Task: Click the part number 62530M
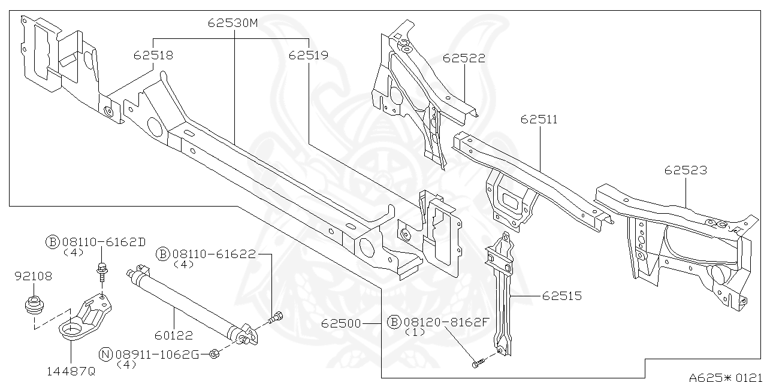click(x=232, y=24)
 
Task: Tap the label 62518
click(x=153, y=55)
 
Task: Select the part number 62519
click(x=308, y=55)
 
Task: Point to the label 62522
click(x=464, y=58)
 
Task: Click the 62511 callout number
click(x=539, y=119)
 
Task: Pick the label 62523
click(x=685, y=171)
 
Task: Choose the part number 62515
click(x=561, y=296)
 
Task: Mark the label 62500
click(x=340, y=323)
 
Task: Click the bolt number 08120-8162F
click(x=446, y=322)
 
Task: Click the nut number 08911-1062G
click(x=157, y=354)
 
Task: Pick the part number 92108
click(x=33, y=276)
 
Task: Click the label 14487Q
click(x=71, y=371)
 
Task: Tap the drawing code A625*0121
click(x=727, y=377)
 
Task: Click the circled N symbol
click(x=105, y=354)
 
